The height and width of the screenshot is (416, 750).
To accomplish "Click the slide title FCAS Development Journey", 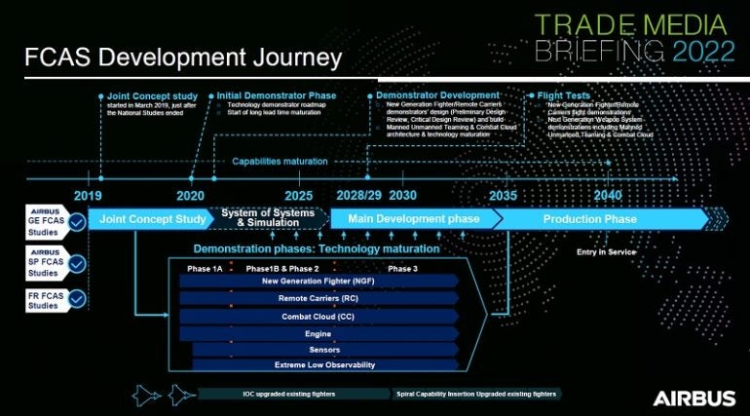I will click(183, 57).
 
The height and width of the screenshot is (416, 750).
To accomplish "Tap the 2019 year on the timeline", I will click(87, 195).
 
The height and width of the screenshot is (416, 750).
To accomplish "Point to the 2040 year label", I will click(607, 195).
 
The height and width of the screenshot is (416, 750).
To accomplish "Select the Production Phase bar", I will click(590, 219).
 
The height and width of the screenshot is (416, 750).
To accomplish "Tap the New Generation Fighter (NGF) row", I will click(319, 282).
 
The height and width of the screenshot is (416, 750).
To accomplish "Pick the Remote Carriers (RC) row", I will click(319, 299).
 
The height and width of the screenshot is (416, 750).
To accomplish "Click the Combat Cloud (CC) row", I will click(319, 317).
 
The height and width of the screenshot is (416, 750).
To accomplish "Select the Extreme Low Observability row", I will click(324, 364).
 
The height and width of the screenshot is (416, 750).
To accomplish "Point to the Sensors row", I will click(324, 349).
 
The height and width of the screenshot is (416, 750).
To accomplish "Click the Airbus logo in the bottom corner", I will click(694, 397).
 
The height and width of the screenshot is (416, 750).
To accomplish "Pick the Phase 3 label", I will click(402, 268).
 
